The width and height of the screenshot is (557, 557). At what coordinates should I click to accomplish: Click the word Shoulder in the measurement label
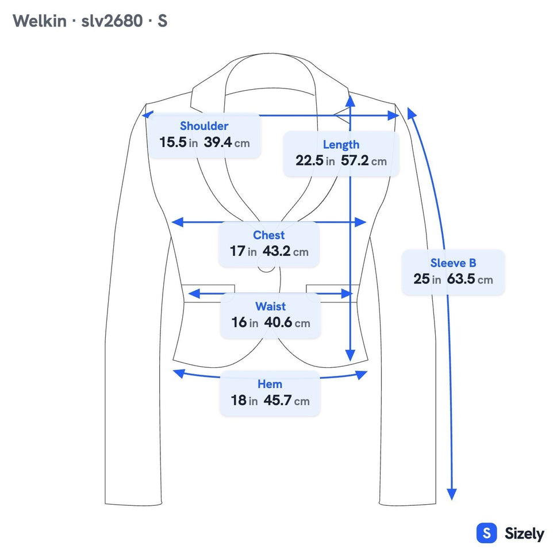pyautogui.click(x=204, y=126)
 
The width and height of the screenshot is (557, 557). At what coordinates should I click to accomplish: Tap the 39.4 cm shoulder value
pyautogui.click(x=226, y=143)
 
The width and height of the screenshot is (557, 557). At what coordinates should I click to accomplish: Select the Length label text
pyautogui.click(x=341, y=145)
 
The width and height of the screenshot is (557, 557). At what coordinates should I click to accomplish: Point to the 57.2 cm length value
pyautogui.click(x=364, y=161)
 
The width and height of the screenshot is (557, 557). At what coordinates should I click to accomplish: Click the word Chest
pyautogui.click(x=269, y=235)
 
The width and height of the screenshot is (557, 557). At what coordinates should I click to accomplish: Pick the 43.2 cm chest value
pyautogui.click(x=285, y=252)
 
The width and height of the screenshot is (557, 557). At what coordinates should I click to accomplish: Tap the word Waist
pyautogui.click(x=270, y=306)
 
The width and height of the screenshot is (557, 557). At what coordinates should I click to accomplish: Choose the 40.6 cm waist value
pyautogui.click(x=287, y=322)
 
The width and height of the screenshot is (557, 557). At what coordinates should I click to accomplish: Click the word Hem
pyautogui.click(x=270, y=384)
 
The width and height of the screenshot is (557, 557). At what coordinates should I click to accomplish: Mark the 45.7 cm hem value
pyautogui.click(x=286, y=400)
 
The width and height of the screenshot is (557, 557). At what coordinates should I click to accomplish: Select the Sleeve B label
pyautogui.click(x=454, y=263)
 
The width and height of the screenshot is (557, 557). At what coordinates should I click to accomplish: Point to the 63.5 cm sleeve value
pyautogui.click(x=470, y=279)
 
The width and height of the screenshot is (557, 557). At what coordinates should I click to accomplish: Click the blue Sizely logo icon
pyautogui.click(x=487, y=533)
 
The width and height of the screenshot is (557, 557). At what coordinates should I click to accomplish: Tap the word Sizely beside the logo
pyautogui.click(x=524, y=533)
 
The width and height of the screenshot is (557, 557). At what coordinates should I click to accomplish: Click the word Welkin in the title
pyautogui.click(x=40, y=21)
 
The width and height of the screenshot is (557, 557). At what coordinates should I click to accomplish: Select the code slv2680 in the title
pyautogui.click(x=112, y=21)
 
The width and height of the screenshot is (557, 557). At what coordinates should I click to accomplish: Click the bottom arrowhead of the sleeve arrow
pyautogui.click(x=451, y=494)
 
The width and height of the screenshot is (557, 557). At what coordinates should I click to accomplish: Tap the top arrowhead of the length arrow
pyautogui.click(x=350, y=101)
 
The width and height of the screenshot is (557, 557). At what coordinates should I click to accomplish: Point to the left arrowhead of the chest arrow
pyautogui.click(x=177, y=222)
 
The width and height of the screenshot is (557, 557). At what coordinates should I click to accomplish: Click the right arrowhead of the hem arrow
pyautogui.click(x=362, y=375)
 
